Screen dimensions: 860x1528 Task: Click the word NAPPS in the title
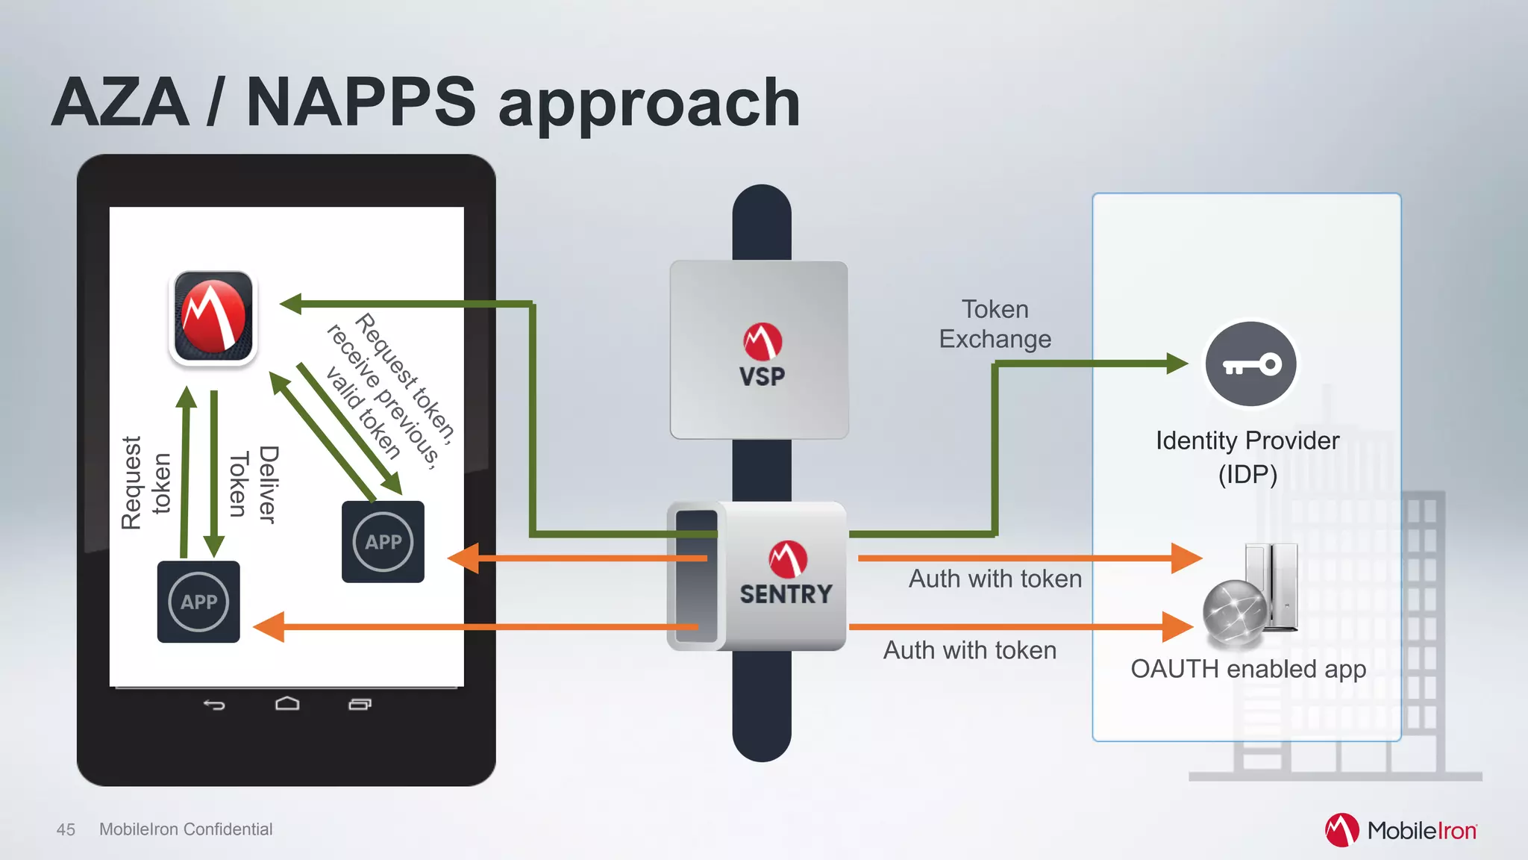tap(360, 102)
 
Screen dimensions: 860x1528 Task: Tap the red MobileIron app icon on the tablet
tap(213, 317)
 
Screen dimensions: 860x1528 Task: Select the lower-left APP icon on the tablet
tap(198, 602)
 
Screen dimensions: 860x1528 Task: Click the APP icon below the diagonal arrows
tap(383, 542)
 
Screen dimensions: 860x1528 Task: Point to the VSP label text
tap(762, 376)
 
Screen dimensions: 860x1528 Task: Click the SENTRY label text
tap(786, 594)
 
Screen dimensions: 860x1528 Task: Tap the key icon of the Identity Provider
tap(1250, 364)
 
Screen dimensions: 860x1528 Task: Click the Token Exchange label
tap(995, 324)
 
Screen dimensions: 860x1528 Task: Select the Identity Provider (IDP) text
tap(1247, 457)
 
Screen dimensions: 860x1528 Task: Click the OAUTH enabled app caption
tap(1248, 669)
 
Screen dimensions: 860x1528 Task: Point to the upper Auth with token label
tap(995, 579)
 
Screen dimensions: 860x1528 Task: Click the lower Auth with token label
tap(969, 650)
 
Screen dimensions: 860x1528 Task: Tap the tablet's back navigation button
tap(214, 704)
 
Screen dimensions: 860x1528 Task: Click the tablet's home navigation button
tap(287, 704)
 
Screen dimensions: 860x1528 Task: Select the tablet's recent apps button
tap(360, 704)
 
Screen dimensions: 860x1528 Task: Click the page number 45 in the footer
tap(66, 829)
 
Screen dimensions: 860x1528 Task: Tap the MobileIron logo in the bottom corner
tap(1400, 830)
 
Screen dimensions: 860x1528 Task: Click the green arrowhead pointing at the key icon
tap(1177, 364)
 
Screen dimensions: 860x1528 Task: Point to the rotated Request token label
tap(146, 483)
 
